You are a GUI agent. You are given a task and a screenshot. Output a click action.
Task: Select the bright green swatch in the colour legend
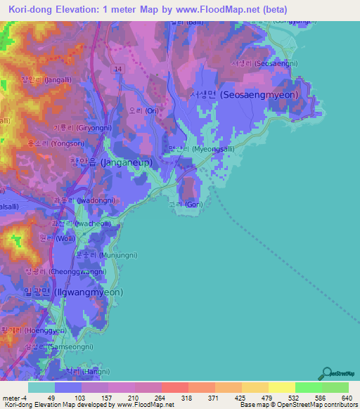309,387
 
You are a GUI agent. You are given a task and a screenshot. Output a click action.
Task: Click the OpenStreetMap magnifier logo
326,372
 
